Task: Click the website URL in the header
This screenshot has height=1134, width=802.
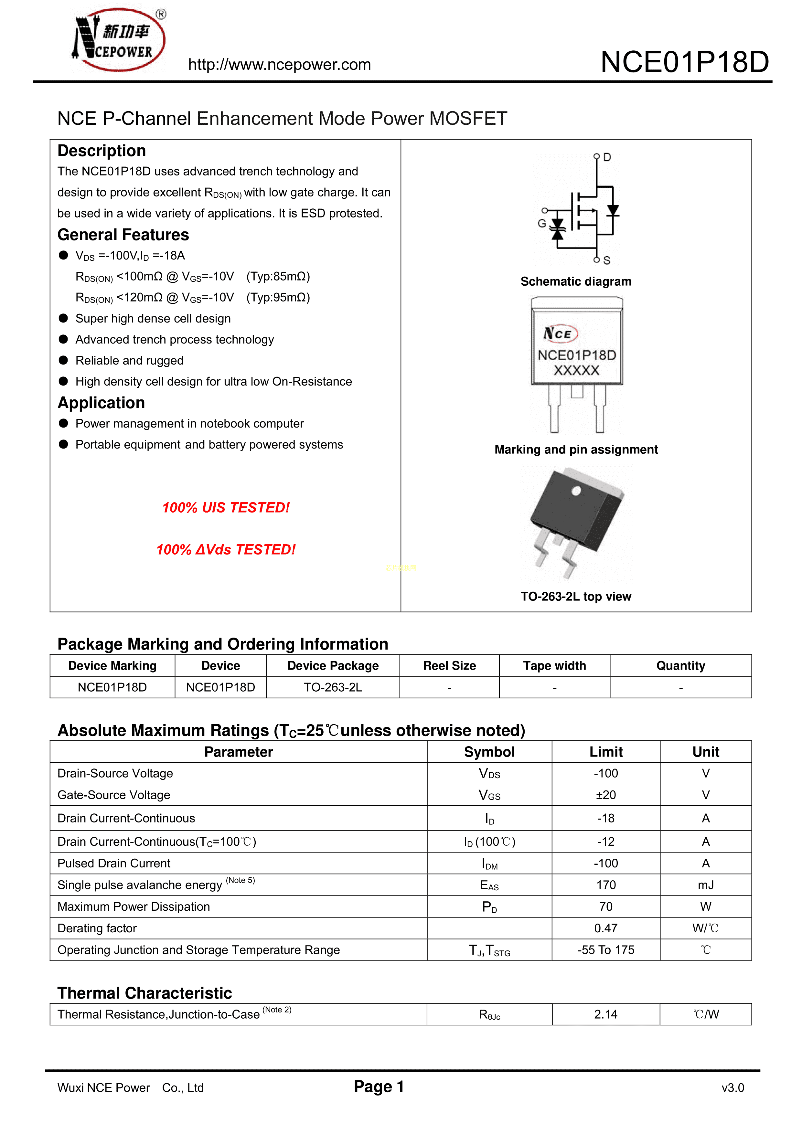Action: point(279,65)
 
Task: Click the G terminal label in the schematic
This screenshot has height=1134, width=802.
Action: point(541,224)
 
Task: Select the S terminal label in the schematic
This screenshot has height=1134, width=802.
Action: point(607,260)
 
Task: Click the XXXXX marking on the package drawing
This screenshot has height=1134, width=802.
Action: point(576,370)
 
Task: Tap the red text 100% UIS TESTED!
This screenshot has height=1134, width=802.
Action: point(226,508)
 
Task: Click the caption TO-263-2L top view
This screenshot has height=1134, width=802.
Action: point(576,597)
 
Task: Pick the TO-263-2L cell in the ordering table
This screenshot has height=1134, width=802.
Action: point(333,687)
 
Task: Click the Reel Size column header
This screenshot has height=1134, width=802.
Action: point(449,666)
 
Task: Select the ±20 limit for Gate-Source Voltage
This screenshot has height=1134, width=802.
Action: point(606,795)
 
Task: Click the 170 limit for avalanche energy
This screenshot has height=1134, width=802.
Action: point(606,885)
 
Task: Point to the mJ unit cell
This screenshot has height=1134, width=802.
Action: point(706,885)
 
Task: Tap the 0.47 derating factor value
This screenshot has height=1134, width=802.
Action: point(606,928)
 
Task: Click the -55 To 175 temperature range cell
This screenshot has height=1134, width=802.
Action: point(606,950)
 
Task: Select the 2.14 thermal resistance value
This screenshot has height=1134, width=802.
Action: point(606,1014)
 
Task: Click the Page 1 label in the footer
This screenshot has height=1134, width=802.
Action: point(379,1086)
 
